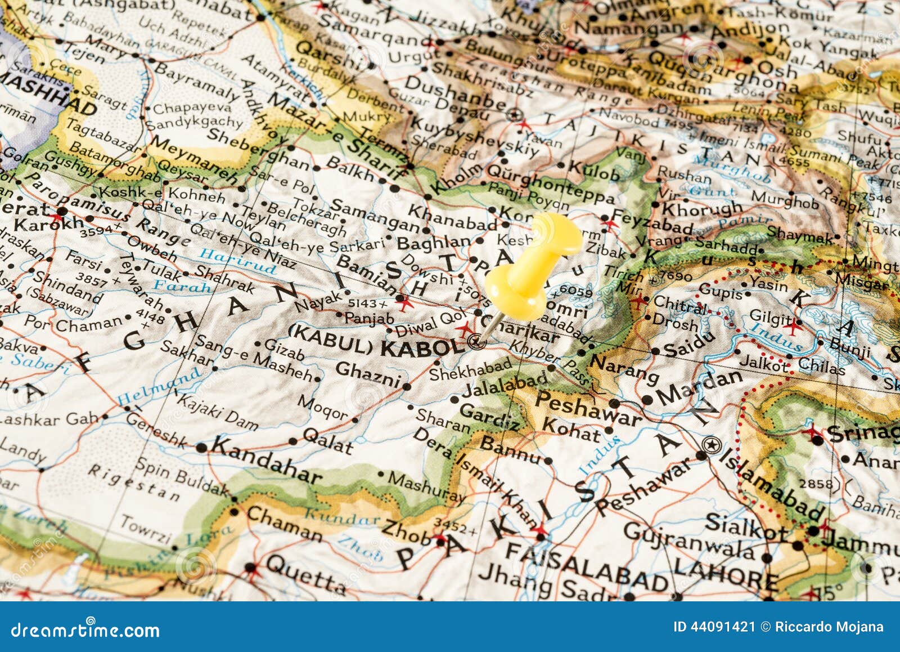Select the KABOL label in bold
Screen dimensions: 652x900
[x=422, y=347]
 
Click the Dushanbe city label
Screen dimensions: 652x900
[x=455, y=92]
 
